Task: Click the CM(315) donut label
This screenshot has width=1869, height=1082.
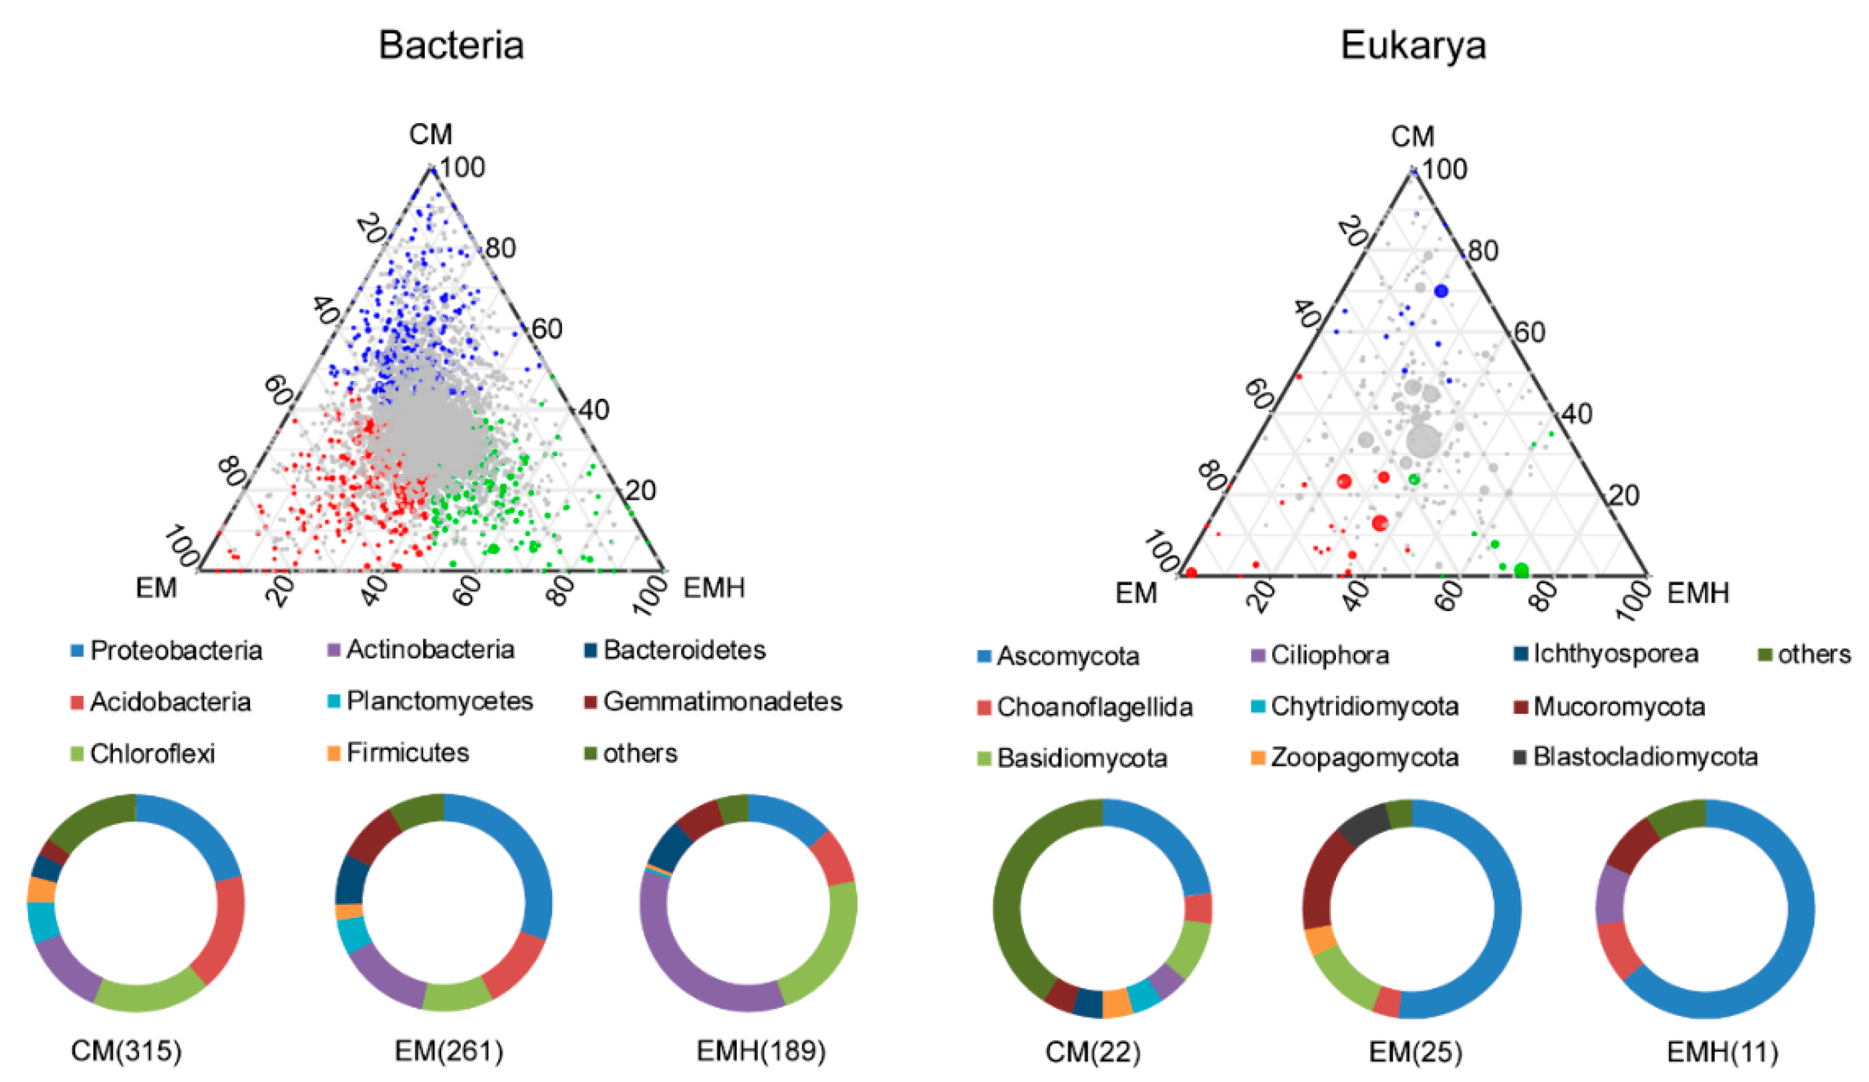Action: pyautogui.click(x=126, y=1051)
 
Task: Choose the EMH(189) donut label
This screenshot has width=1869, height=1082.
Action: pyautogui.click(x=761, y=1051)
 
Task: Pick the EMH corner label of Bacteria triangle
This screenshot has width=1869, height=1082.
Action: pyautogui.click(x=713, y=588)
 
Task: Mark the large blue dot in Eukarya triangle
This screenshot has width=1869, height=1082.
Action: pyautogui.click(x=1441, y=291)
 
